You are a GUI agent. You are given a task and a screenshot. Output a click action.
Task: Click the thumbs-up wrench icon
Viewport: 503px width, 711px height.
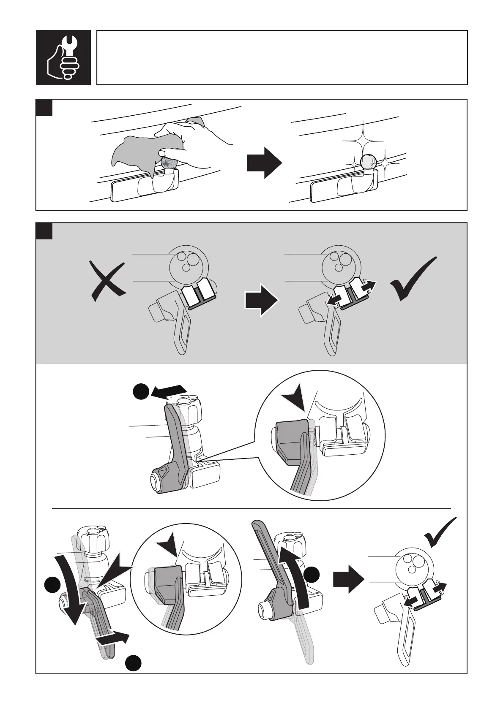[x=63, y=57]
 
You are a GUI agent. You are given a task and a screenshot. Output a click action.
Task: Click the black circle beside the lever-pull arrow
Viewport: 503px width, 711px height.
[x=141, y=391]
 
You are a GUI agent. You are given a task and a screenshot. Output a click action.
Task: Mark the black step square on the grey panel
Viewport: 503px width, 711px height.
[x=44, y=231]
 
